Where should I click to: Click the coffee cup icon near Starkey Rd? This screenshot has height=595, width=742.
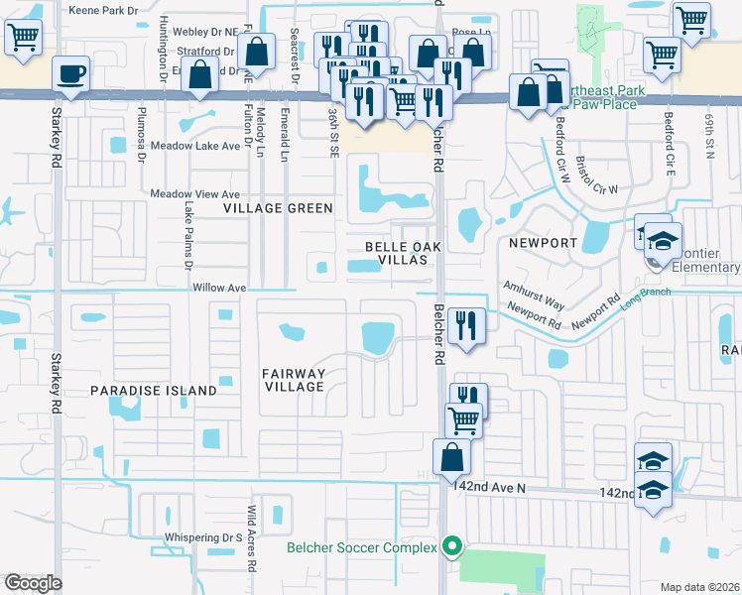pos(71,73)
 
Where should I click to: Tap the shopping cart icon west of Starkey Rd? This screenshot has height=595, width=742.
pos(22,38)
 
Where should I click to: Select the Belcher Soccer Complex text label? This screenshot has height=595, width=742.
pos(361,548)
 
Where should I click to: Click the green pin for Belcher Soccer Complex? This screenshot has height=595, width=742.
pos(453,547)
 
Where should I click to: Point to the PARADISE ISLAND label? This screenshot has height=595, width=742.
pos(154,391)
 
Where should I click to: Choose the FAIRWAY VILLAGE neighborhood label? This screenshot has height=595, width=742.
pos(294,380)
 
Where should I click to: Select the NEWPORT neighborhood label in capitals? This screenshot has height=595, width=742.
pos(543,242)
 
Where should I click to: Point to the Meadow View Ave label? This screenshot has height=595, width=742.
pos(194,194)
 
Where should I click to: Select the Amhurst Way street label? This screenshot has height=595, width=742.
pos(533,283)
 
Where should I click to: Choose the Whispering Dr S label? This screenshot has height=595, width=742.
pos(204,537)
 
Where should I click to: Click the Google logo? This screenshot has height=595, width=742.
pos(33,583)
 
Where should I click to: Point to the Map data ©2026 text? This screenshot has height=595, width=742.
pos(699,587)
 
